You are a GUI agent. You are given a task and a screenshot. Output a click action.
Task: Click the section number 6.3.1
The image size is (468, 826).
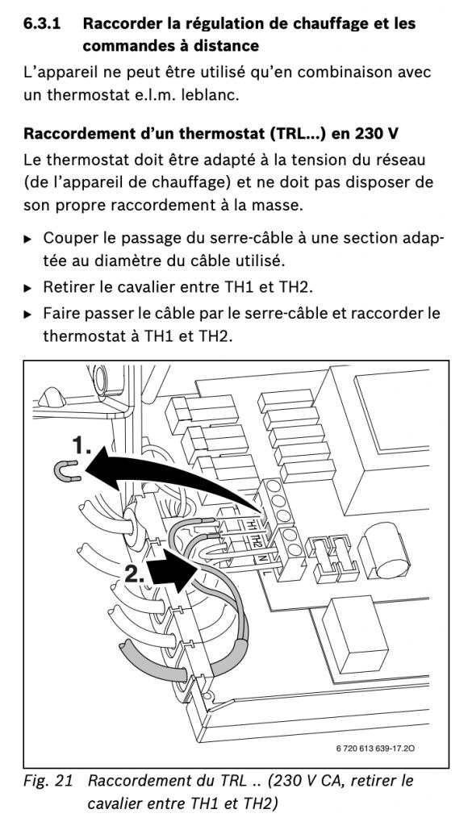coord(42,23)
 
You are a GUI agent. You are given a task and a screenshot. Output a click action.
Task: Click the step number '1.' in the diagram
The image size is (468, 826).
coord(81,445)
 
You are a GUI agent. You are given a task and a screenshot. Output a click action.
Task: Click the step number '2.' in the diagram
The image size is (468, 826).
coord(135,574)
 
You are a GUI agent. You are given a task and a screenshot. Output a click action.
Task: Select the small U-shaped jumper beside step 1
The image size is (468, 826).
coord(67,470)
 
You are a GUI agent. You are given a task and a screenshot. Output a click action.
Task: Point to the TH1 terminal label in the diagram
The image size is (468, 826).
coord(252,524)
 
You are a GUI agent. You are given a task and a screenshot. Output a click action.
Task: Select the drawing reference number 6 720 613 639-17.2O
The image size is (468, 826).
coord(373,748)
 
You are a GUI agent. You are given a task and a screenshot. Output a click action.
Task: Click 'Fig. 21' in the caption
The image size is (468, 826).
coord(48,781)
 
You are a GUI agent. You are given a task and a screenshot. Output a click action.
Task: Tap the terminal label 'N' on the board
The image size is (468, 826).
coord(262,557)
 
